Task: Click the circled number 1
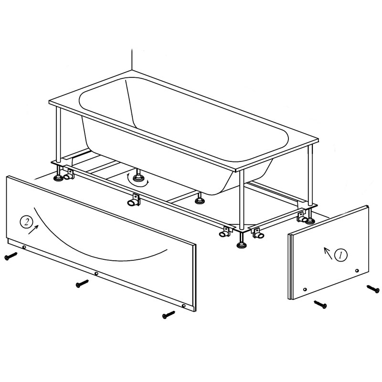[x=341, y=255]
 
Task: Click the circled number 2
[x=26, y=222]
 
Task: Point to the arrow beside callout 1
[x=328, y=253]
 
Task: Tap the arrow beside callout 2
[x=33, y=230]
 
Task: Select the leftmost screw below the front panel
[x=11, y=256]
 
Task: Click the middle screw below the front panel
[x=82, y=284]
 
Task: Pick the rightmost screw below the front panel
[x=169, y=314]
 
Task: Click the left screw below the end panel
[x=320, y=304]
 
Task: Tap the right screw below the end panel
[x=373, y=289]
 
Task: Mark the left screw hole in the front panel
[x=24, y=247]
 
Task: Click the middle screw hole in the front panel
[x=96, y=274]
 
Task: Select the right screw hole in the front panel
[x=184, y=306]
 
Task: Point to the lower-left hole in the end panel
[x=305, y=289]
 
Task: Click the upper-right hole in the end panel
[x=357, y=270]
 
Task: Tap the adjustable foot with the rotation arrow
[x=138, y=177]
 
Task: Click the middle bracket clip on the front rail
[x=134, y=200]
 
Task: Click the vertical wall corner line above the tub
[x=132, y=60]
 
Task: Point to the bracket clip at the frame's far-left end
[x=68, y=175]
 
